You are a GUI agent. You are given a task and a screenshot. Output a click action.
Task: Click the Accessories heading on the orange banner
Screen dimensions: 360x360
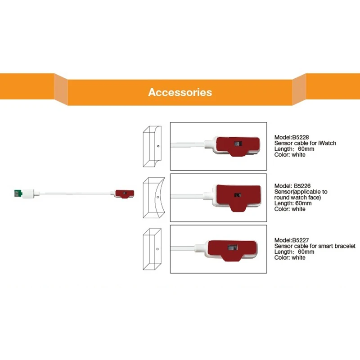coord(180,92)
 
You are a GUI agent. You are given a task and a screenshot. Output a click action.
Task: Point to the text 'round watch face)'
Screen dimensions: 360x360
coord(297,198)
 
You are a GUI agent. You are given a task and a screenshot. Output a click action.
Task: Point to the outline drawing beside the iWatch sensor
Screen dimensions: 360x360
coord(152,147)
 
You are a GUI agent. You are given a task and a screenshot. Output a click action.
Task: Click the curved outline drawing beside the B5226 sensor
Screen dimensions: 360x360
coord(153,198)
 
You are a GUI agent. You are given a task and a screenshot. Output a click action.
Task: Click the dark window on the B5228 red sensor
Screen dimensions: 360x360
coord(238,144)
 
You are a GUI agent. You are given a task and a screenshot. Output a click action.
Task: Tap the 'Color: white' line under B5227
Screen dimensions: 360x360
coord(290,258)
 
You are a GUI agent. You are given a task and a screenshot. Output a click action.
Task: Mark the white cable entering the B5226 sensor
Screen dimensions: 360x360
coord(189,196)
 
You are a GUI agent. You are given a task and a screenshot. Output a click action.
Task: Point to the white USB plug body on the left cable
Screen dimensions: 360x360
coord(28,194)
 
